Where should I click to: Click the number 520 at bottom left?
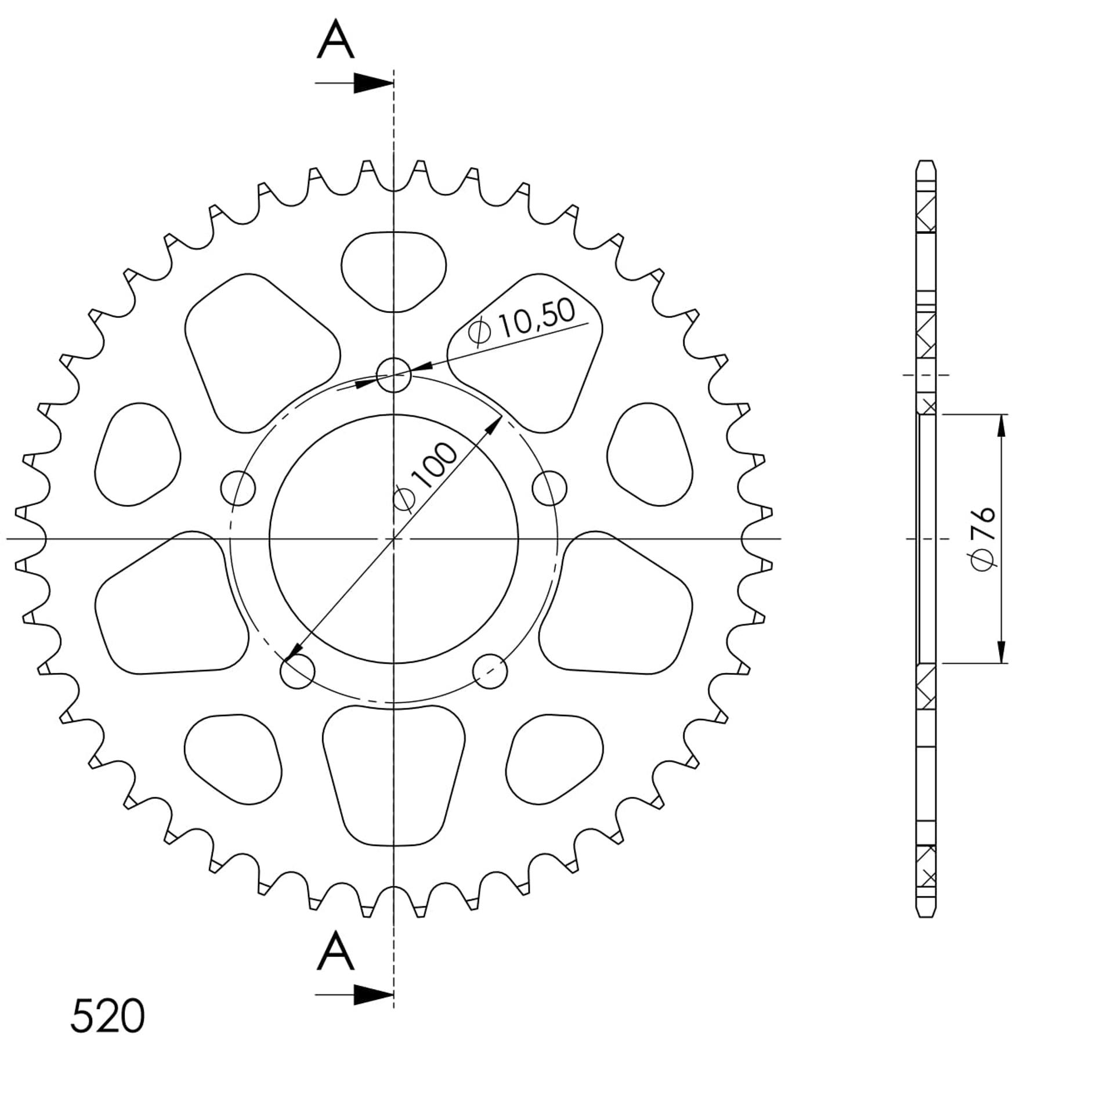[x=107, y=1016]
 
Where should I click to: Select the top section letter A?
[x=335, y=39]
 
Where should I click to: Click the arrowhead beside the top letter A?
[x=374, y=84]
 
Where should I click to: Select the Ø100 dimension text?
[x=425, y=477]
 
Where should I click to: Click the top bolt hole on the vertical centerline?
[x=394, y=375]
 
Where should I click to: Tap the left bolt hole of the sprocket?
[x=238, y=488]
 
